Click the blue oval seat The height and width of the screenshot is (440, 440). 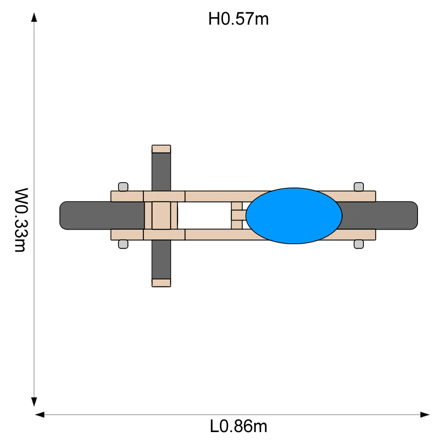coord(294,216)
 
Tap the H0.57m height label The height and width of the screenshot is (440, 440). coord(238,19)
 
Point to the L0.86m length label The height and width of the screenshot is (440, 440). coord(238,426)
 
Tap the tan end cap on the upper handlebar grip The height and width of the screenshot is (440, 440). coord(161,149)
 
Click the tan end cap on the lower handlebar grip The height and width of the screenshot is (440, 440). coord(161,282)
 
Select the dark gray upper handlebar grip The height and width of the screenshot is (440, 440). coord(161,172)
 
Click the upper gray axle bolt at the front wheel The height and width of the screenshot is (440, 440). coord(123,187)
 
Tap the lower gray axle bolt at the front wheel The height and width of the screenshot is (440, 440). coord(123,244)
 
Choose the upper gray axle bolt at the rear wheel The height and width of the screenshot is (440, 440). coord(359,187)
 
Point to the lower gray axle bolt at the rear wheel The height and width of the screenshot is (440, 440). coord(359,244)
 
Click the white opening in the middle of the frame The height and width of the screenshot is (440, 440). coord(204,216)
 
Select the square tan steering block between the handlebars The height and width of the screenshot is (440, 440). coord(161,216)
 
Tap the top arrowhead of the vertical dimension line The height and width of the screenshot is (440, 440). coord(34,18)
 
